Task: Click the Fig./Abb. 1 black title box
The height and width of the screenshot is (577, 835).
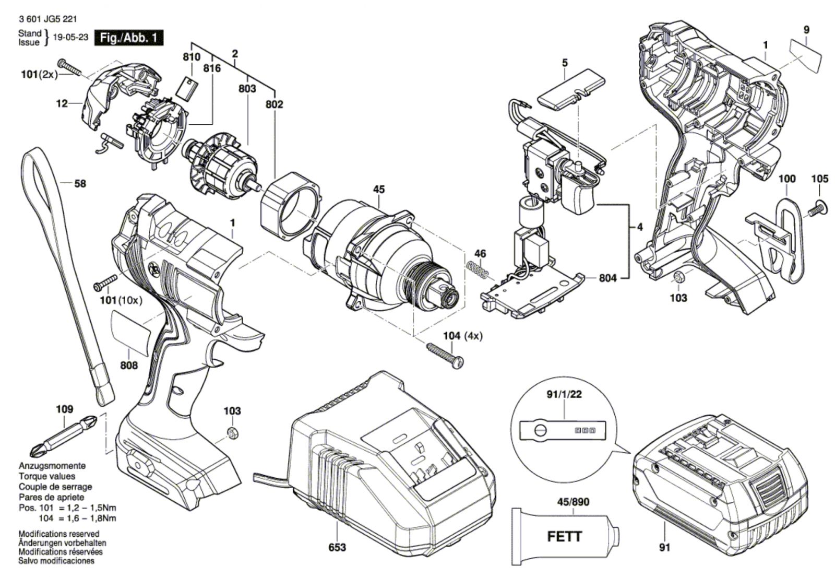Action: click(x=128, y=38)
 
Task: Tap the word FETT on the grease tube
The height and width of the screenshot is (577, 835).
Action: click(x=565, y=536)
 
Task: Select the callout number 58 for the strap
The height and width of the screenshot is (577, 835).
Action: click(x=80, y=184)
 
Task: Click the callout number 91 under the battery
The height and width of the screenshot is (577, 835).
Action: click(x=664, y=547)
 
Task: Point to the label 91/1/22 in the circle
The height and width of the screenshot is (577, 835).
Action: click(x=564, y=394)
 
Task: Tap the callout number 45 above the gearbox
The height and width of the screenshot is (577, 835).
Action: click(x=379, y=189)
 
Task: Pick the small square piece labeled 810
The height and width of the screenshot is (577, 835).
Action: click(x=189, y=88)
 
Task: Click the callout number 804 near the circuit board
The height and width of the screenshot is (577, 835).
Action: click(x=607, y=278)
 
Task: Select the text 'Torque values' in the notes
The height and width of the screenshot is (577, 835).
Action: click(x=47, y=476)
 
